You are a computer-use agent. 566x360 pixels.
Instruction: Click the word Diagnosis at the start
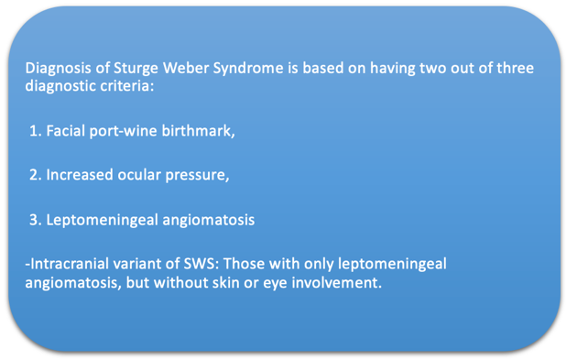(x=57, y=69)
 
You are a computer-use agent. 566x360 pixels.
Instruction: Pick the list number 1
(x=35, y=131)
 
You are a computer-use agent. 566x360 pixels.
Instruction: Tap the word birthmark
(x=201, y=131)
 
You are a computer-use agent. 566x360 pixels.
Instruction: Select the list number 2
(x=35, y=175)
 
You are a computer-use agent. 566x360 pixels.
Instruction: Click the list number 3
(x=35, y=220)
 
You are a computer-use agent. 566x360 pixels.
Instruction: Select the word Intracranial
(x=67, y=264)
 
